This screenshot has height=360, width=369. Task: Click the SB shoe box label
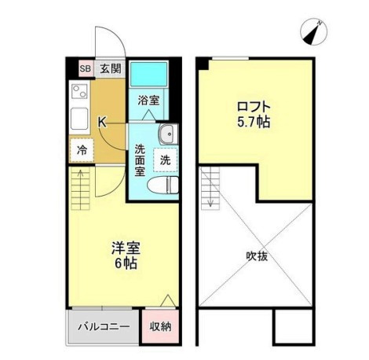86,68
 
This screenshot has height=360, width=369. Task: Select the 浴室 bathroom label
148,101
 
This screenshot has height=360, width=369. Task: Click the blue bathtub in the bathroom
148,74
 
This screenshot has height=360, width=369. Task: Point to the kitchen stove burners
79,91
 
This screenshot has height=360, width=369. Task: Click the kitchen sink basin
79,119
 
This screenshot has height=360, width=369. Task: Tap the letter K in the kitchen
102,122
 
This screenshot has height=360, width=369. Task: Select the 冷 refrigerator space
82,150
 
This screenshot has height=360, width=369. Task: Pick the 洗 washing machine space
166,160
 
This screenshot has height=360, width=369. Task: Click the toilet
163,185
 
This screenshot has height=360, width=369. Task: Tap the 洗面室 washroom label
140,160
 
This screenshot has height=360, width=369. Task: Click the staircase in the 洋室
80,188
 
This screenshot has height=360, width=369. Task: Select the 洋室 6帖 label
126,255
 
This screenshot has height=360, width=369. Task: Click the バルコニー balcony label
104,327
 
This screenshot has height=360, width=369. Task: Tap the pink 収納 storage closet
160,326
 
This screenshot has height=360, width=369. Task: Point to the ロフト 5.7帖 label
254,114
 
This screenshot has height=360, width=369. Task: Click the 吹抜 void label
257,256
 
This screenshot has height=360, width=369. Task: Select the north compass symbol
313,32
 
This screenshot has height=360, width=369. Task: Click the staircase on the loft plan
210,188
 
